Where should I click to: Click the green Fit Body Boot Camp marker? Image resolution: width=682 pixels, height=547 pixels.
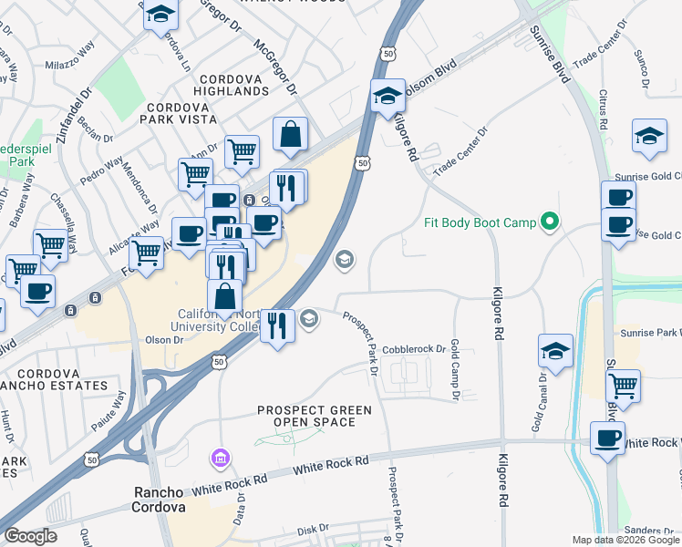[549, 222]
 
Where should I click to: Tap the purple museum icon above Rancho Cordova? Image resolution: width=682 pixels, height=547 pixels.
[219, 457]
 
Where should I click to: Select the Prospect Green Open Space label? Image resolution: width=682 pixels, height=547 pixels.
[314, 416]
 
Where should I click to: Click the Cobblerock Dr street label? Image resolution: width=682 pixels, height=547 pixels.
[413, 348]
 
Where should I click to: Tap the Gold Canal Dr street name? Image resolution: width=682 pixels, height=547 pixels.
[538, 402]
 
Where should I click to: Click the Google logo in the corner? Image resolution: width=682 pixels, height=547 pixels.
[30, 536]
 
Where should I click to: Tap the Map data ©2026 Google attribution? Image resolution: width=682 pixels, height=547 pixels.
[625, 540]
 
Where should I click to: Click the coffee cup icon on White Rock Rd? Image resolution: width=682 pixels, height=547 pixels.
[608, 438]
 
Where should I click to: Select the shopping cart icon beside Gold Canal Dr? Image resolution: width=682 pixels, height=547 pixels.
[623, 385]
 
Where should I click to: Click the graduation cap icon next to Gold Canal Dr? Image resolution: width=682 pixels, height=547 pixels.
[555, 349]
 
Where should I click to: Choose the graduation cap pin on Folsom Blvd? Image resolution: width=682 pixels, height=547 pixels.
[387, 96]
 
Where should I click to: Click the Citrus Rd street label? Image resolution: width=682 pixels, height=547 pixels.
[604, 108]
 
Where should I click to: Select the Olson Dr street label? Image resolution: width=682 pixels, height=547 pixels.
[164, 340]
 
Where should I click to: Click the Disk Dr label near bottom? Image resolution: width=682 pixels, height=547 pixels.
[312, 529]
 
